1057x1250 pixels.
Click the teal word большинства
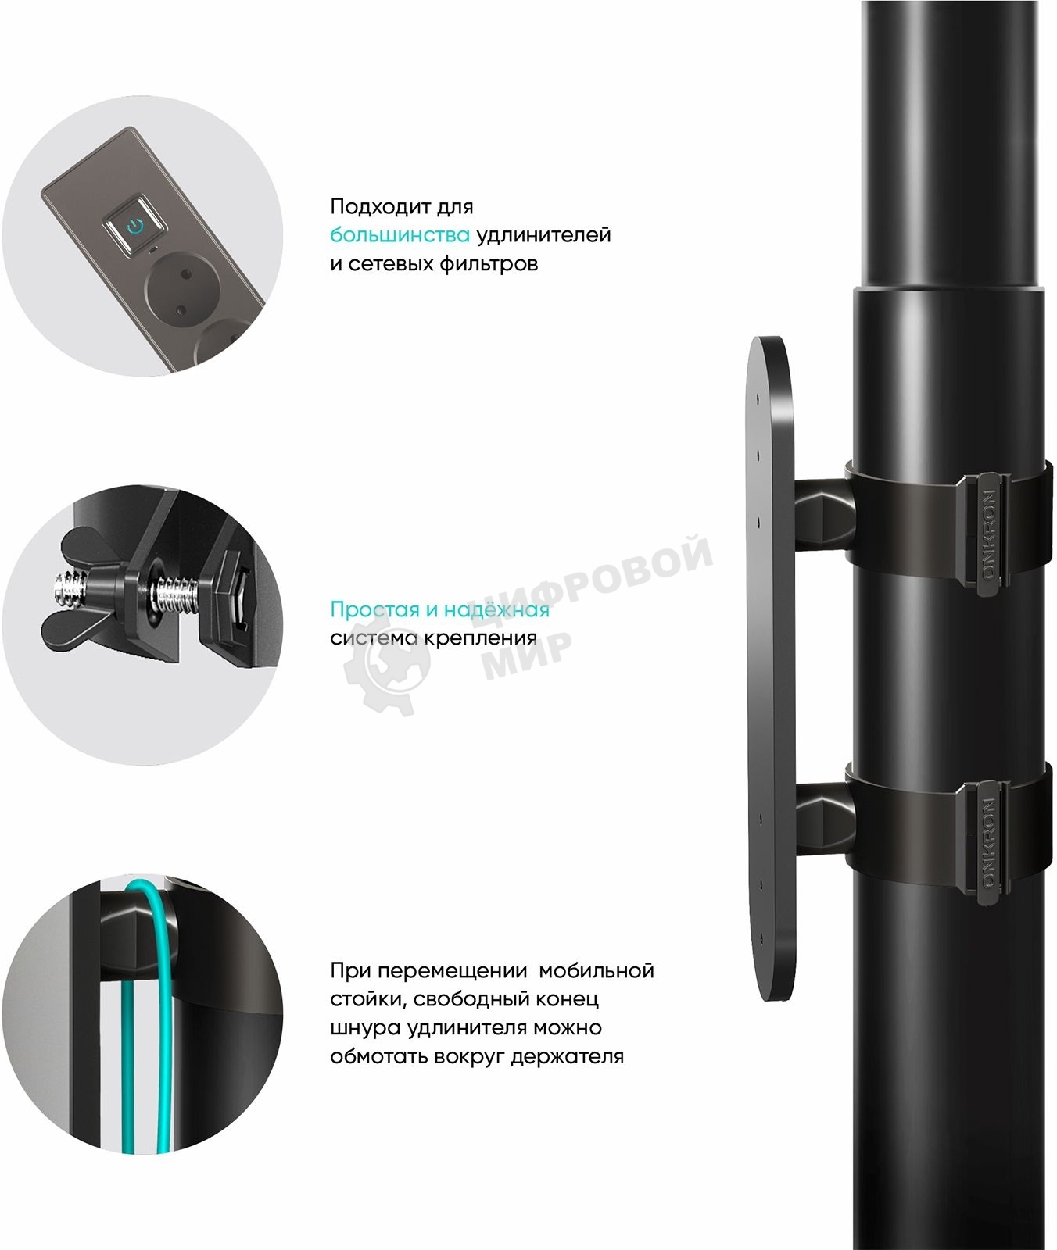[x=400, y=235]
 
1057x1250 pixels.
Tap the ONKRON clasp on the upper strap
[x=987, y=533]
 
